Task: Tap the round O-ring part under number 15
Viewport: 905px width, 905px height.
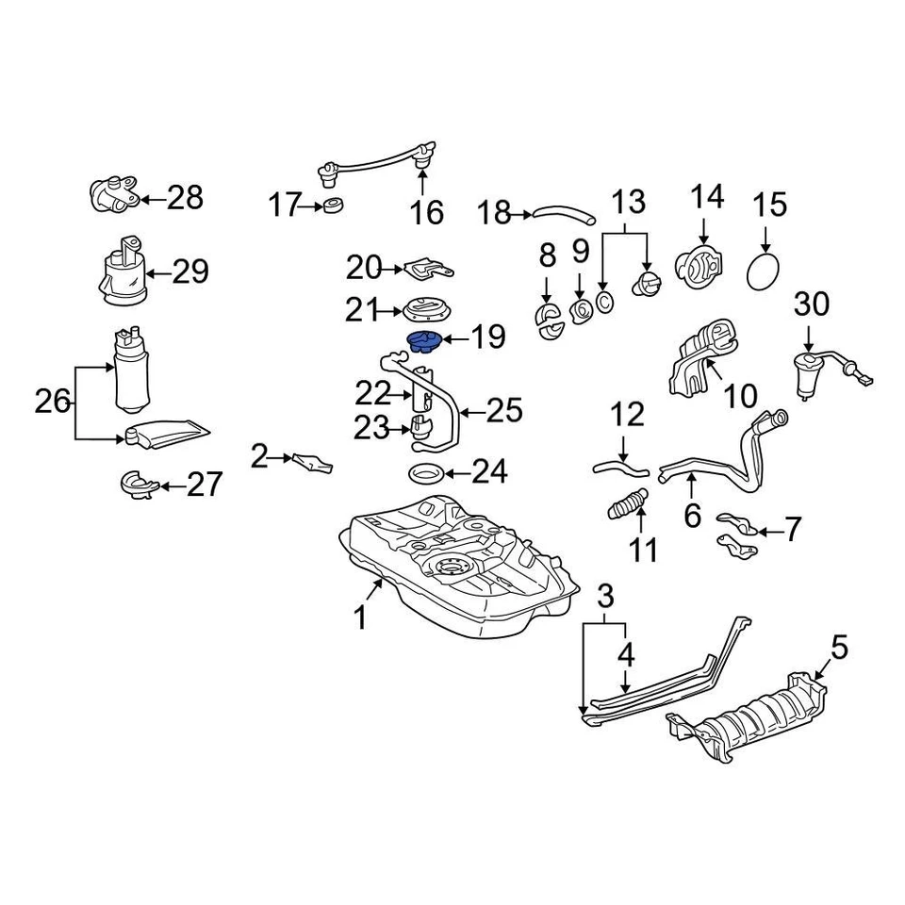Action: (765, 273)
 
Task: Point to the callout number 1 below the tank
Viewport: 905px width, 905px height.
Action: (358, 618)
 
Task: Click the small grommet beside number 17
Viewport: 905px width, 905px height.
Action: (332, 205)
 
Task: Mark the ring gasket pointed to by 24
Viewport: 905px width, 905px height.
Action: (425, 472)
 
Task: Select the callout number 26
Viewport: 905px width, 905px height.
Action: (53, 403)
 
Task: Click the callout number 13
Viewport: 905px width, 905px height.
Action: (629, 202)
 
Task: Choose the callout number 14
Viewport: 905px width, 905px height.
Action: (707, 197)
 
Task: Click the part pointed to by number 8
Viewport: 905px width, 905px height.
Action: (548, 321)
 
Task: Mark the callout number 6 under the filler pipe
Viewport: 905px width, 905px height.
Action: (693, 516)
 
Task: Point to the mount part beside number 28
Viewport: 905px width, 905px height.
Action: (113, 195)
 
